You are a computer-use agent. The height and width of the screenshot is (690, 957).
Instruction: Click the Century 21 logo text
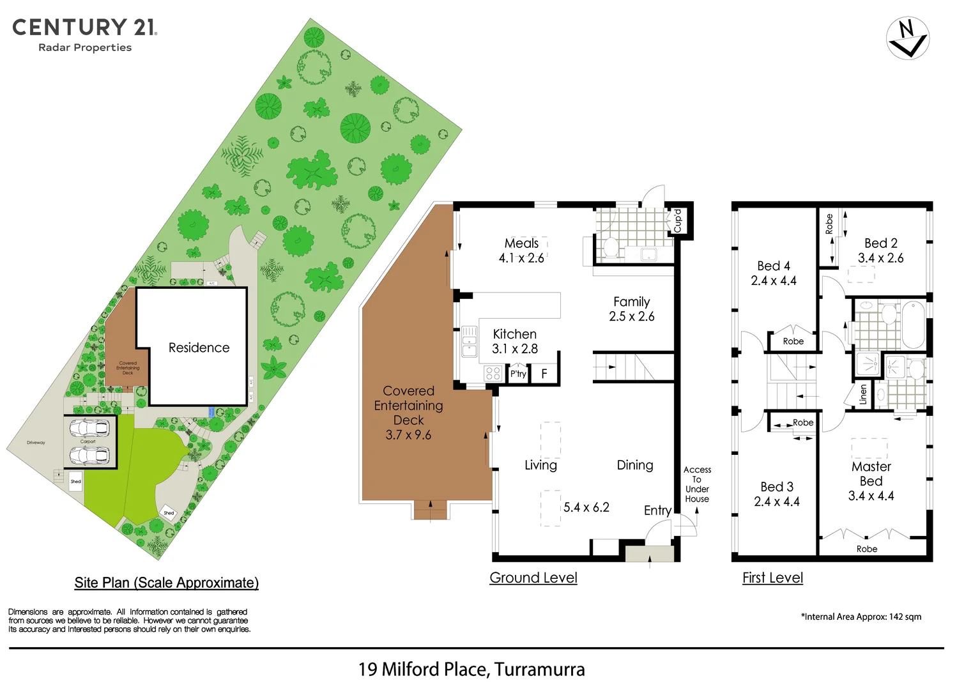click(x=84, y=27)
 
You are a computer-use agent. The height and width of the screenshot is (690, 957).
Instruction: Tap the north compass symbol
click(x=907, y=38)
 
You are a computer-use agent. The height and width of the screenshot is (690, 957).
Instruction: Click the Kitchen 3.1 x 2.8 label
click(x=515, y=341)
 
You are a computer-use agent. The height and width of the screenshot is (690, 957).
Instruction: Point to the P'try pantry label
click(x=518, y=374)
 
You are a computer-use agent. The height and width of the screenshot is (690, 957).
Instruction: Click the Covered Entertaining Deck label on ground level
click(x=409, y=413)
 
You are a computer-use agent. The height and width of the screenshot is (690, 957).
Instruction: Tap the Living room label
click(x=540, y=465)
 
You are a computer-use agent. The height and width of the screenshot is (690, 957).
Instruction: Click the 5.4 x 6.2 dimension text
click(x=586, y=507)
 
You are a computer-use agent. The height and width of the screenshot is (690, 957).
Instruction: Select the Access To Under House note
click(x=697, y=484)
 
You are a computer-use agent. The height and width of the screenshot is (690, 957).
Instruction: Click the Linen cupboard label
click(x=863, y=394)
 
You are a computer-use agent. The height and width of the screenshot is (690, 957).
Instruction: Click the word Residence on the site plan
click(x=199, y=348)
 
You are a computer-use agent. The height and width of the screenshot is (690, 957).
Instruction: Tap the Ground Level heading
click(x=533, y=578)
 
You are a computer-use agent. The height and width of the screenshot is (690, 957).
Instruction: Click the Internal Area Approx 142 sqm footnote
click(x=861, y=617)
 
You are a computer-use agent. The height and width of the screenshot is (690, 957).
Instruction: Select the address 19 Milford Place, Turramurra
click(x=471, y=669)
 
